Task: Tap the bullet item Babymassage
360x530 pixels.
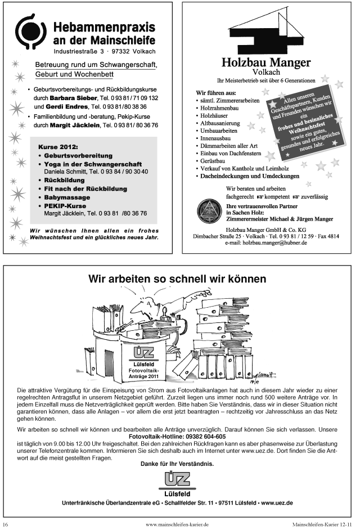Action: [x=67, y=197]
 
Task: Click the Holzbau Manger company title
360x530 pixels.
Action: [x=266, y=62]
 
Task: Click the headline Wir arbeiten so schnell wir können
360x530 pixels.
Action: [x=177, y=279]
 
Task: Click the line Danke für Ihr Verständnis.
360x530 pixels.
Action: [x=177, y=464]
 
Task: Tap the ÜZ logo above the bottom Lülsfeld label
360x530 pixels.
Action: [x=177, y=480]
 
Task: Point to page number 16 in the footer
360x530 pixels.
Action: [x=6, y=524]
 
